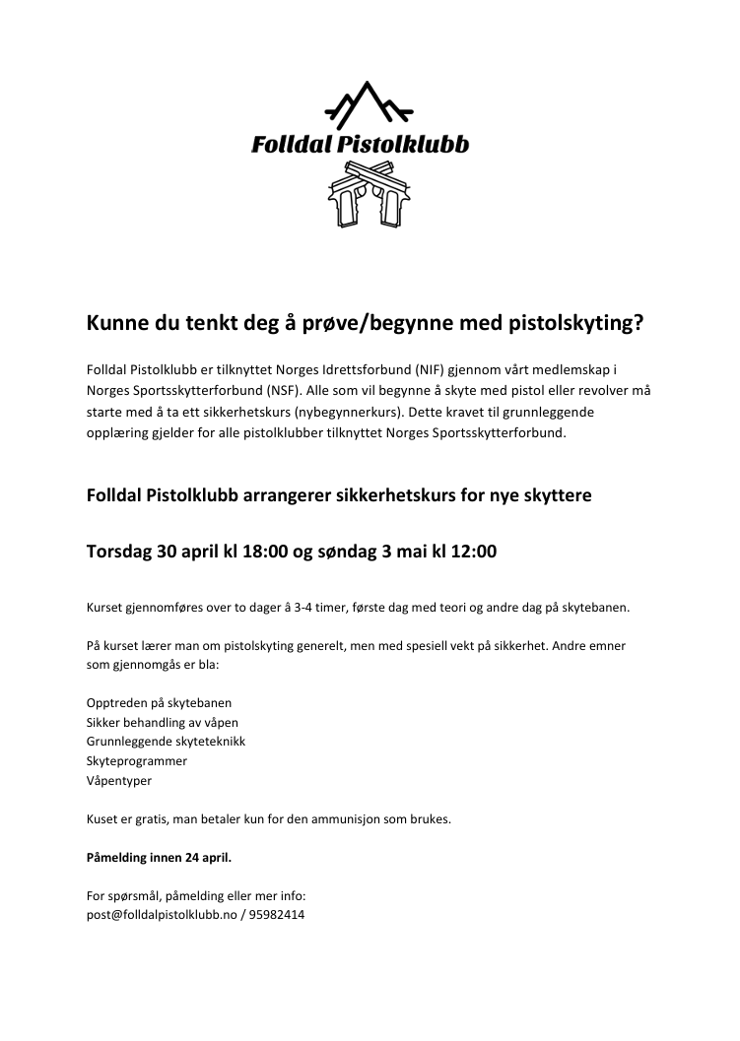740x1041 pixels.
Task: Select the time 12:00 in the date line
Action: coord(472,552)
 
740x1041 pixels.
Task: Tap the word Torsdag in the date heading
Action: coord(118,552)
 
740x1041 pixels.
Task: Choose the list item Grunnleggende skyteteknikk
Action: coord(166,741)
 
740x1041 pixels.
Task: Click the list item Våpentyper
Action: coord(119,780)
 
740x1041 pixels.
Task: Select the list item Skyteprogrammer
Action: coord(136,760)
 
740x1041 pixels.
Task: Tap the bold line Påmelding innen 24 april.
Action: coord(159,858)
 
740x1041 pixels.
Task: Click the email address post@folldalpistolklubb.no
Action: coord(162,914)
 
